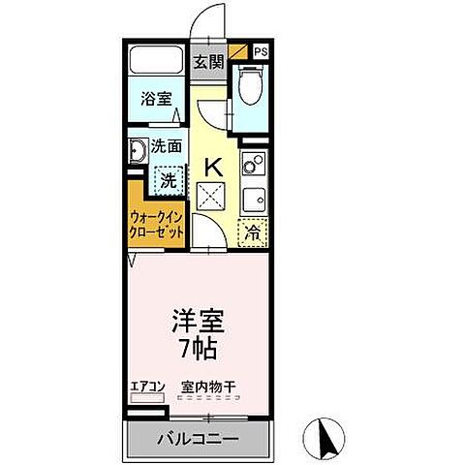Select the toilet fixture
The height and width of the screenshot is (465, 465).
[x=251, y=89]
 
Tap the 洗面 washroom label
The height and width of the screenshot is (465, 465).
[x=167, y=147]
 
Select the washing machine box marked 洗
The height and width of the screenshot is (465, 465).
[x=169, y=179]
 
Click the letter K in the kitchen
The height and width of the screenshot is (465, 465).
[x=211, y=167]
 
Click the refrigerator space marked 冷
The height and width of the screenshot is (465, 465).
[x=252, y=232]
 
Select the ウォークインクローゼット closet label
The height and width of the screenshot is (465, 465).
[x=156, y=224]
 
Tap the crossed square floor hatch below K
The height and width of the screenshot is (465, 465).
[x=211, y=196]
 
